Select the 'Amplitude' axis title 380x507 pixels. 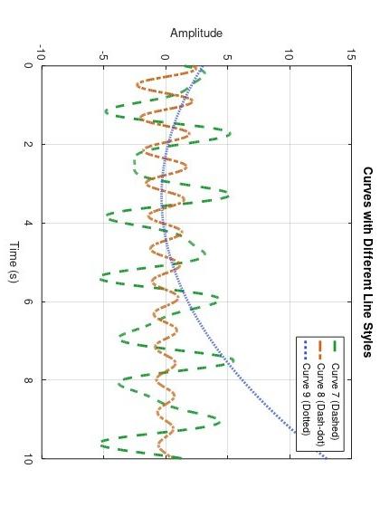[196, 33]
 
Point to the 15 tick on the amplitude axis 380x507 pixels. [350, 54]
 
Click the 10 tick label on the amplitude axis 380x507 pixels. [289, 54]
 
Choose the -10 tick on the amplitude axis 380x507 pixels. [41, 54]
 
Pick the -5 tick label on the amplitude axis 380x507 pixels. [103, 54]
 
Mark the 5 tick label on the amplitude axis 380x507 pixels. [227, 54]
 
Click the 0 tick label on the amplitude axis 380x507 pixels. [165, 54]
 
